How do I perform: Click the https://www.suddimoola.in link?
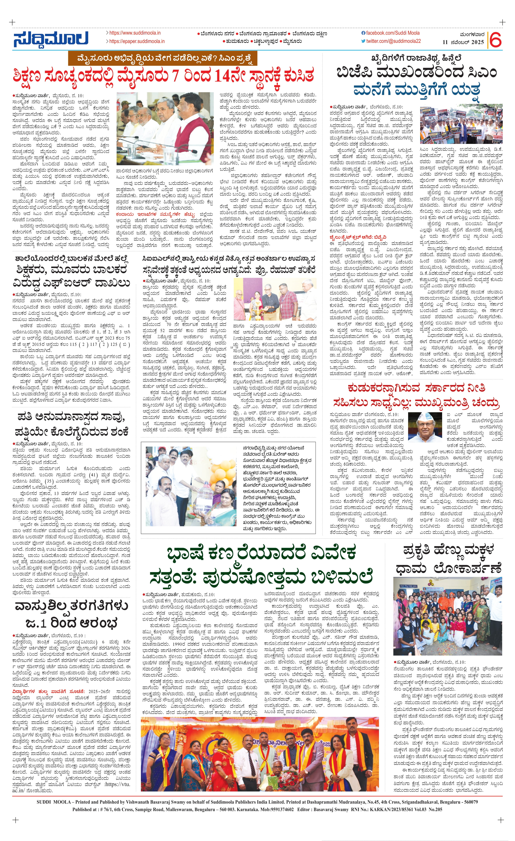(x=134, y=33)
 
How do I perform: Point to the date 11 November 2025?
(x=463, y=42)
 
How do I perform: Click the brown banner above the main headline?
(x=162, y=59)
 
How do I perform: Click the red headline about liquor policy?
(x=416, y=396)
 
